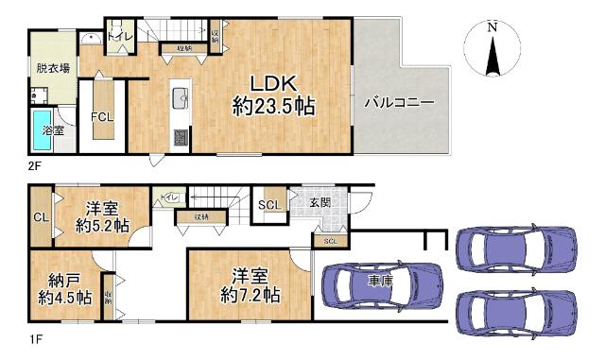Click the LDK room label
click(273, 81)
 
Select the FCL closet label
click(102, 118)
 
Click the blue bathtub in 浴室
click(43, 129)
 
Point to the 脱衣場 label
click(52, 68)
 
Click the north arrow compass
click(492, 52)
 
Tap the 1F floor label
click(35, 337)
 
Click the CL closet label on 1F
click(40, 217)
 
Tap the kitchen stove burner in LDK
click(181, 136)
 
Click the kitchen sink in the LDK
click(180, 96)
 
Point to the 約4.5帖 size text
click(65, 298)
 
